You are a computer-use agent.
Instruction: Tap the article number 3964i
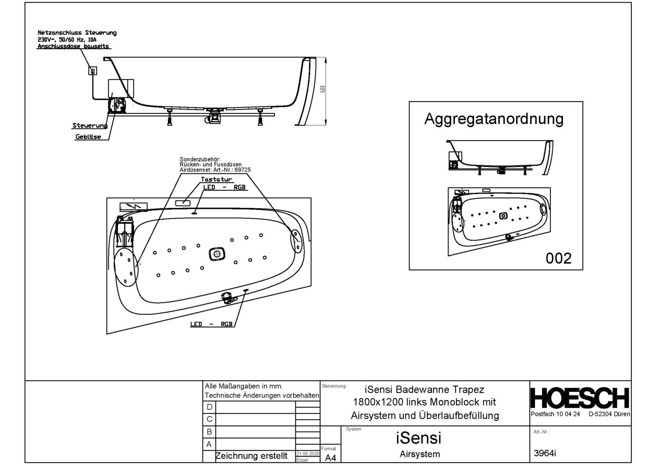pyautogui.click(x=545, y=454)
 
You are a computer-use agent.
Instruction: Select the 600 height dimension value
pyautogui.click(x=323, y=89)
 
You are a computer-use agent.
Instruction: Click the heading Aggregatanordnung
pyautogui.click(x=494, y=119)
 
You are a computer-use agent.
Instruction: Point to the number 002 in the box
pyautogui.click(x=558, y=258)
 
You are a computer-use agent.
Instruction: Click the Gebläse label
pyautogui.click(x=88, y=137)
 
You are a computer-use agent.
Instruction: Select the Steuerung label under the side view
pyautogui.click(x=90, y=125)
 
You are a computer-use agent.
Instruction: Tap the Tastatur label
pyautogui.click(x=216, y=179)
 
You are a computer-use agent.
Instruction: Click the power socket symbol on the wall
pyautogui.click(x=93, y=70)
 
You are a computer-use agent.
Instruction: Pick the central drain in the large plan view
pyautogui.click(x=217, y=254)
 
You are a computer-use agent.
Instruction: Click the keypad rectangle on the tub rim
pyautogui.click(x=183, y=203)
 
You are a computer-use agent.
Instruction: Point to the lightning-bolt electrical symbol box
pyautogui.click(x=133, y=207)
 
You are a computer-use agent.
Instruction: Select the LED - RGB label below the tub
pyautogui.click(x=211, y=324)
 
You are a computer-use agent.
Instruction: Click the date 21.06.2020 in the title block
pyautogui.click(x=308, y=454)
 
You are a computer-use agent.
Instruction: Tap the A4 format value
pyautogui.click(x=330, y=458)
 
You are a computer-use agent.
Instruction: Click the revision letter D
pyautogui.click(x=209, y=407)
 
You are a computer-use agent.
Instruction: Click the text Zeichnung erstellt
pyautogui.click(x=251, y=456)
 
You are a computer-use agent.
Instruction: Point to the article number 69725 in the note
pyautogui.click(x=242, y=170)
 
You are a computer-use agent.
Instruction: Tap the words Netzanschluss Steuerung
pyautogui.click(x=77, y=33)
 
